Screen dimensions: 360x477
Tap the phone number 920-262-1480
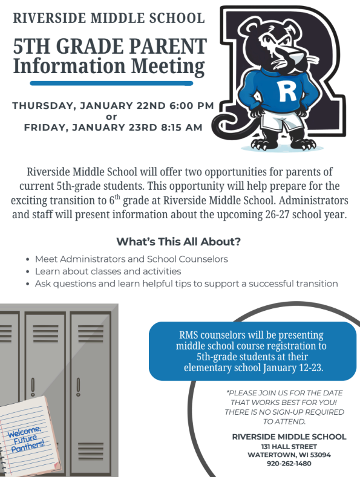tap(289, 464)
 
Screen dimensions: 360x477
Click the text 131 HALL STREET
tap(289, 446)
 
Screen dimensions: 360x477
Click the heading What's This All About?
tap(178, 242)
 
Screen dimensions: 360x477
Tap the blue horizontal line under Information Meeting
tap(111, 83)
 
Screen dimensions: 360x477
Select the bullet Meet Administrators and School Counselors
tap(131, 259)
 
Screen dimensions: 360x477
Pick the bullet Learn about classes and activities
tap(108, 271)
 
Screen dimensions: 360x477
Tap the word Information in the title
tap(62, 65)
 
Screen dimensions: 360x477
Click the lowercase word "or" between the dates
tap(111, 117)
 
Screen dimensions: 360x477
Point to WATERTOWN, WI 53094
tap(289, 455)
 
